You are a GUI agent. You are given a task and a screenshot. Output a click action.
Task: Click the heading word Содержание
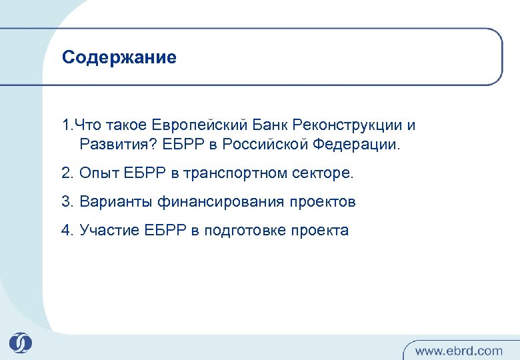click(x=119, y=58)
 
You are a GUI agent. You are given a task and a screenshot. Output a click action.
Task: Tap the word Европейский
click(x=201, y=125)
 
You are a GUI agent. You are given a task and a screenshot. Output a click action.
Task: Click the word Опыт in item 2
click(x=98, y=173)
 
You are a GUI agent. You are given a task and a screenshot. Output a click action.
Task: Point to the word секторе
click(x=323, y=173)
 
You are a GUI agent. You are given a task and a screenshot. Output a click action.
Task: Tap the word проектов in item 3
click(x=323, y=202)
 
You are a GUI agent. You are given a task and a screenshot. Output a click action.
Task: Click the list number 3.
click(x=65, y=202)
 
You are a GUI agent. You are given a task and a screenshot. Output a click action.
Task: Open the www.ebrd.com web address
click(x=459, y=350)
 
